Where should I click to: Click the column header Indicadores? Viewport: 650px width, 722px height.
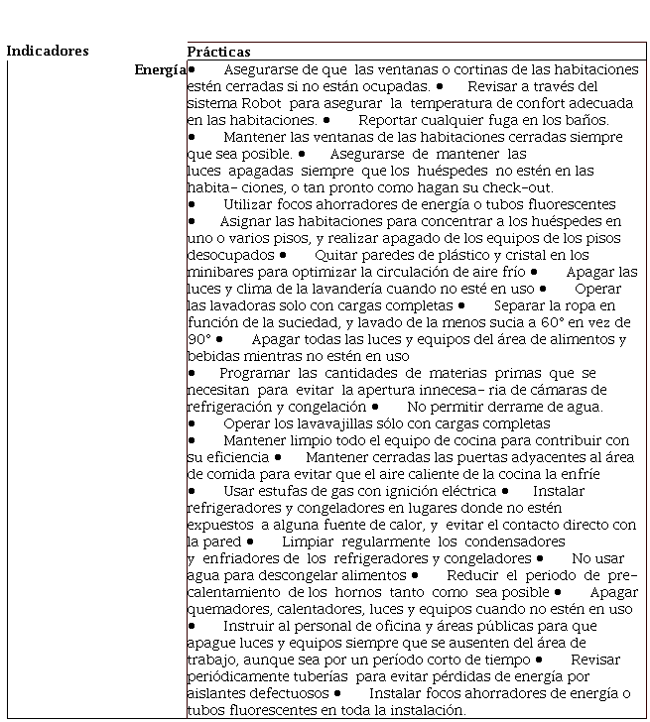tap(47, 52)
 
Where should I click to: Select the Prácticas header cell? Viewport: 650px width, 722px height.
tap(219, 52)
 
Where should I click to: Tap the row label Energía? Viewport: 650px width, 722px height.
tap(160, 69)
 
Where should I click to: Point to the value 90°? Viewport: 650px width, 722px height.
tap(198, 339)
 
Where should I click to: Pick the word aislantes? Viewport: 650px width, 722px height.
tap(216, 693)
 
